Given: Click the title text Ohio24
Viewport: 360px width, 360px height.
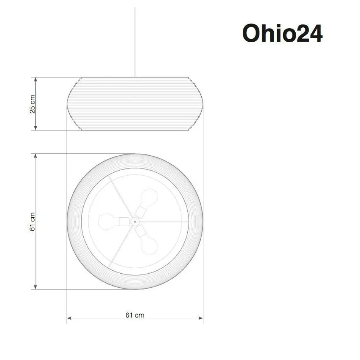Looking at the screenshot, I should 282,34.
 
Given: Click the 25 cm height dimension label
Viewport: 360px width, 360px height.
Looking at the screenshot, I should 33,104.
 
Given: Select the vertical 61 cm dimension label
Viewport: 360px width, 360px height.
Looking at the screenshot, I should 33,221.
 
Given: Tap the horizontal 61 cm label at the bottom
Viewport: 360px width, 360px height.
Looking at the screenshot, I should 135,315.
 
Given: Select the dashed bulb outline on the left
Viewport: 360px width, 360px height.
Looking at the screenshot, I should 106,221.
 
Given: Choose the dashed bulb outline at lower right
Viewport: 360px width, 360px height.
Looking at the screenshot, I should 150,246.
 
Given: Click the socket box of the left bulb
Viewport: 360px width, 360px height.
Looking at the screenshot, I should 124,221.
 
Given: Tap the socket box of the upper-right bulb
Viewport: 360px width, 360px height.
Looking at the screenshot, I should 140,211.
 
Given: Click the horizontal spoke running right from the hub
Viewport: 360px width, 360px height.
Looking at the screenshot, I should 165,221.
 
